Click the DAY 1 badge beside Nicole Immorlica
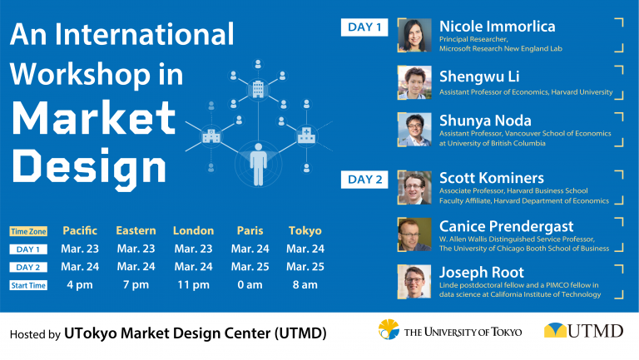pyautogui.click(x=364, y=27)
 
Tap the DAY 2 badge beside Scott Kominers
pyautogui.click(x=364, y=180)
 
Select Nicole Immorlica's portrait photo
pyautogui.click(x=414, y=35)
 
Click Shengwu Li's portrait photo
pyautogui.click(x=414, y=82)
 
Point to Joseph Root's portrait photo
pyautogui.click(x=414, y=282)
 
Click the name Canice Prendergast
pyautogui.click(x=506, y=226)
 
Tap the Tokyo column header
pyautogui.click(x=305, y=231)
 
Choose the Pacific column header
pyautogui.click(x=80, y=230)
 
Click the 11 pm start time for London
pyautogui.click(x=193, y=284)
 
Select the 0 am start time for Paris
pyautogui.click(x=250, y=284)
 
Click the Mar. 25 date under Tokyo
pyautogui.click(x=305, y=267)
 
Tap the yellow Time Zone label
pyautogui.click(x=28, y=231)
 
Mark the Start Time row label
pyautogui.click(x=28, y=285)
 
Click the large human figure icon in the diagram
pyautogui.click(x=259, y=164)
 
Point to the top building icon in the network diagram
pyautogui.click(x=258, y=89)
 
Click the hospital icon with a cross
pyautogui.click(x=306, y=136)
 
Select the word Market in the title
pyautogui.click(x=94, y=118)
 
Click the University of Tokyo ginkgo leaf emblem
pyautogui.click(x=389, y=329)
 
